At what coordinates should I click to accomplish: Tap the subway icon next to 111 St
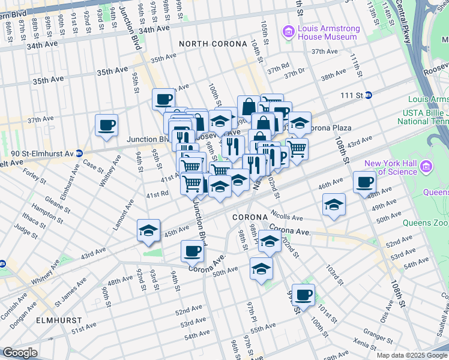(x=369, y=95)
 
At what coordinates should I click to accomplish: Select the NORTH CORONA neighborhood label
(x=213, y=44)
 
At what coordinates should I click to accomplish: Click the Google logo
(x=20, y=353)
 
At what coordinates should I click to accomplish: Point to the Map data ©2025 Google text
(x=412, y=355)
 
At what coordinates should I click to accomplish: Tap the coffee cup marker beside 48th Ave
(x=364, y=182)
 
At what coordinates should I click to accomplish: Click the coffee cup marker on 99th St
(x=304, y=295)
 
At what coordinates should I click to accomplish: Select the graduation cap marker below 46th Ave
(x=334, y=205)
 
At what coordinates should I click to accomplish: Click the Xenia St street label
(x=364, y=340)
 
